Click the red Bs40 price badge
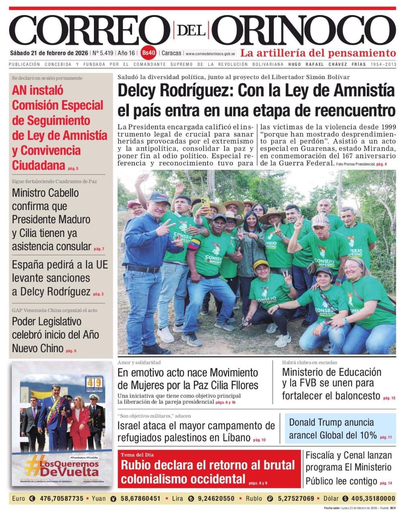click(x=149, y=53)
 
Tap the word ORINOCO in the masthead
click(x=303, y=31)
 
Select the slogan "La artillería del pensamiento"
click(x=318, y=53)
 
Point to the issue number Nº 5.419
click(x=103, y=53)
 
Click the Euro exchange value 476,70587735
click(x=61, y=498)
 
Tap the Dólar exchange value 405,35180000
click(x=373, y=498)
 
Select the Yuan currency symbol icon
click(x=113, y=499)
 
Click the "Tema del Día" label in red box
click(x=137, y=455)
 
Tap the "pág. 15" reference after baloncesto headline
click(x=389, y=398)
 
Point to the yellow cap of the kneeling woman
click(x=261, y=265)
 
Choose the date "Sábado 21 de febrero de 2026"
click(x=49, y=53)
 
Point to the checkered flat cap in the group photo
click(x=320, y=220)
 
